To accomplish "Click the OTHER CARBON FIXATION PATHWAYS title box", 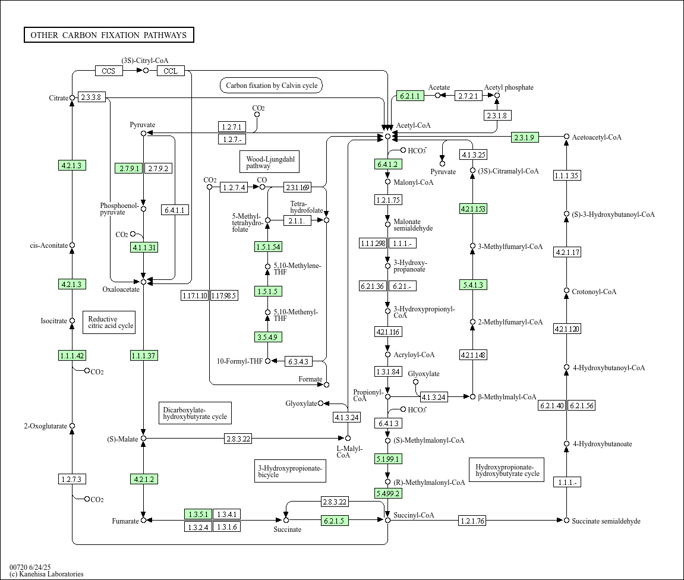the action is (109, 35).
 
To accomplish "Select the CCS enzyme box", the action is (109, 71).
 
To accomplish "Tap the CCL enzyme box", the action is (171, 71).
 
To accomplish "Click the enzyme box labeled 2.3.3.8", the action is (91, 97).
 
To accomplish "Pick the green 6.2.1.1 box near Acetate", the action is (410, 96).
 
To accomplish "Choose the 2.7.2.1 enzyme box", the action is (468, 96).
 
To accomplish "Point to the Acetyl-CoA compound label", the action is (413, 125).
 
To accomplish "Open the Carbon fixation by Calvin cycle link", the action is (272, 86).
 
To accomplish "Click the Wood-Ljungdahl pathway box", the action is (270, 162).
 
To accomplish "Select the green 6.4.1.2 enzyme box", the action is (388, 165).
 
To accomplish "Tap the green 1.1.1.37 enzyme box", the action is (144, 355).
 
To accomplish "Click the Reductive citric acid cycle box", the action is (109, 322).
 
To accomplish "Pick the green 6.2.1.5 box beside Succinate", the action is (335, 520).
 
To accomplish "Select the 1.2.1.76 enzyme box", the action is (472, 520).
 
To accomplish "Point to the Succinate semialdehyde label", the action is (606, 521).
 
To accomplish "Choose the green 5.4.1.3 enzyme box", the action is (473, 285).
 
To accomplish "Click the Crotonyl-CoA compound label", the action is (594, 292).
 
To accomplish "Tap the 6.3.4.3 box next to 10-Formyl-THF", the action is (298, 361).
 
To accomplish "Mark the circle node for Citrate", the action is (73, 97).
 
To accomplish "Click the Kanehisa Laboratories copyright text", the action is (47, 574).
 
